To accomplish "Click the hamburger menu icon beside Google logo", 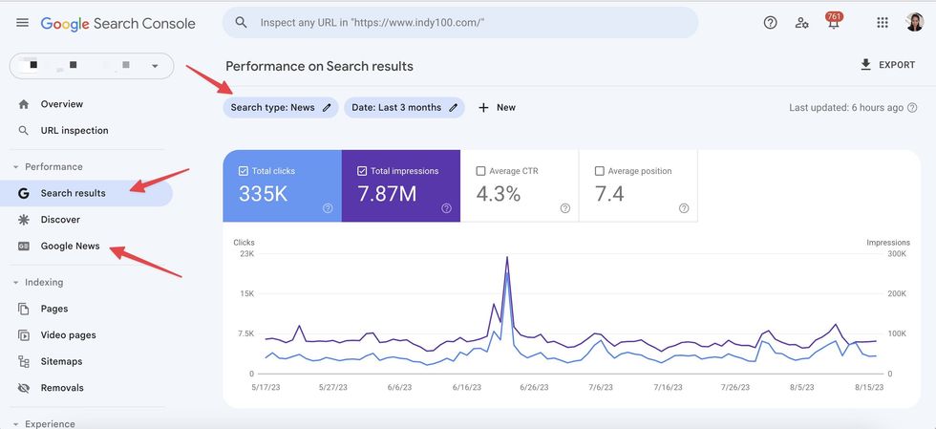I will coord(22,23).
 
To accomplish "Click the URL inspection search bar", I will coord(459,22).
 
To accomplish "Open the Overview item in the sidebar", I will coord(61,104).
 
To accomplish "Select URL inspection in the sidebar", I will coord(74,131).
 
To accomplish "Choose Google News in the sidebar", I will coord(70,247).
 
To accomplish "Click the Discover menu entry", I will coord(59,220).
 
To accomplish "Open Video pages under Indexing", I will coord(68,335).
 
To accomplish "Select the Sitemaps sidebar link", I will coord(61,362).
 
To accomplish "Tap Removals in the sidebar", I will coord(62,388).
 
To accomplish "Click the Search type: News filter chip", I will coord(281,108).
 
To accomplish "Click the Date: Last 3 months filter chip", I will coord(404,108).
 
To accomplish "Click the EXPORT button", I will coord(887,65).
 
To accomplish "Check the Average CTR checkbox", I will coord(481,171).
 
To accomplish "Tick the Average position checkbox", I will coord(600,171).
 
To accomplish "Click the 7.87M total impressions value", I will coord(387,194).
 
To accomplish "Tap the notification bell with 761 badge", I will coord(833,23).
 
